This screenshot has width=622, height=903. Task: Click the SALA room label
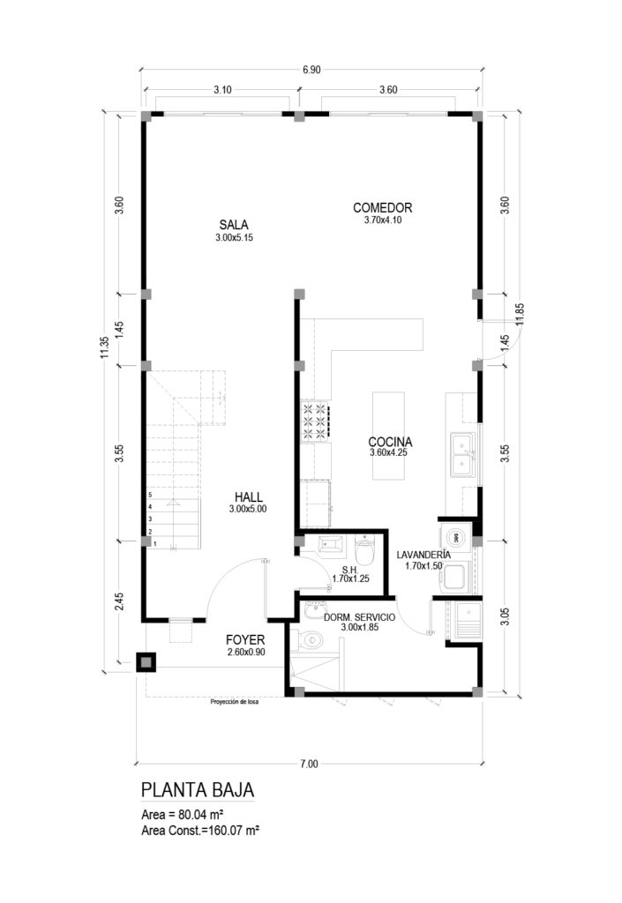tap(234, 225)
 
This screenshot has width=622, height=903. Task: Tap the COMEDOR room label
tap(382, 207)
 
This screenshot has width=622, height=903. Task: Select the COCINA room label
tap(390, 442)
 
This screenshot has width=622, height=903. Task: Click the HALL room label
tap(248, 497)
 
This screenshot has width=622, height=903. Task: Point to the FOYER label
tap(244, 640)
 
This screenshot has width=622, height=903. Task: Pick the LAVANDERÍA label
tap(423, 555)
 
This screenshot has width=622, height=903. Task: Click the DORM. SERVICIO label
tap(359, 617)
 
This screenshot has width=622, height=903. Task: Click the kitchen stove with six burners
tap(315, 421)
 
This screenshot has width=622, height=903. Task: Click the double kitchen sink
tap(462, 455)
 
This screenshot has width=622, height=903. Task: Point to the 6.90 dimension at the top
tap(311, 71)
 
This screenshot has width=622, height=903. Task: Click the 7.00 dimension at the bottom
tap(309, 765)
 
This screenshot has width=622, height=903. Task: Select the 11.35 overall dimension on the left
tap(104, 347)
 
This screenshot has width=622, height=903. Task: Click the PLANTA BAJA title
tap(198, 789)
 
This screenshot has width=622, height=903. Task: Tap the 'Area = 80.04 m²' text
tap(182, 816)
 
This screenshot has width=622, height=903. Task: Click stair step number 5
tap(150, 495)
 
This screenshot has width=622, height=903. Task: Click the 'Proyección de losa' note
tap(235, 702)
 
